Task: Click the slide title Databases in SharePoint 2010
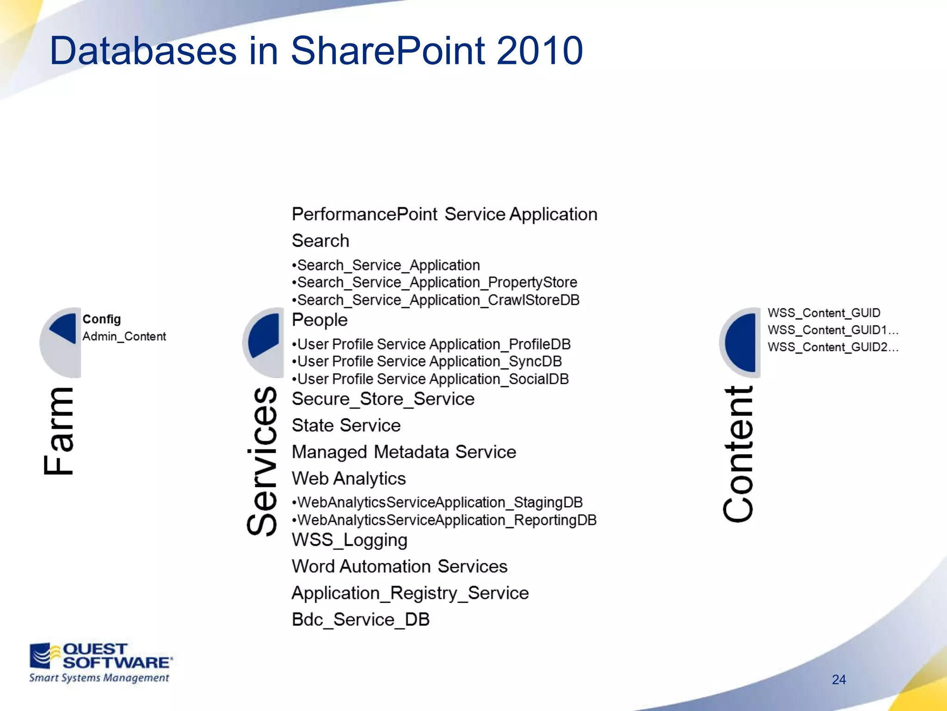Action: point(316,51)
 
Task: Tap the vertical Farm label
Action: point(59,430)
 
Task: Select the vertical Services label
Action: point(262,461)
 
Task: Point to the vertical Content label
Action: point(738,454)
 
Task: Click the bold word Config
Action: point(102,319)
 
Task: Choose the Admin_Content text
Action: point(124,337)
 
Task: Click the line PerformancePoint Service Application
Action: point(444,214)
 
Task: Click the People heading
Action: point(320,320)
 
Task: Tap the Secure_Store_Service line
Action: point(383,399)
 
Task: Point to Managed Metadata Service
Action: point(404,452)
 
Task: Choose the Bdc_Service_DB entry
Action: point(361,619)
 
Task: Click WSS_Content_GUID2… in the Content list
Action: point(833,347)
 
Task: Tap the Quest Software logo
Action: point(100,662)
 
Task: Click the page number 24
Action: point(838,680)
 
